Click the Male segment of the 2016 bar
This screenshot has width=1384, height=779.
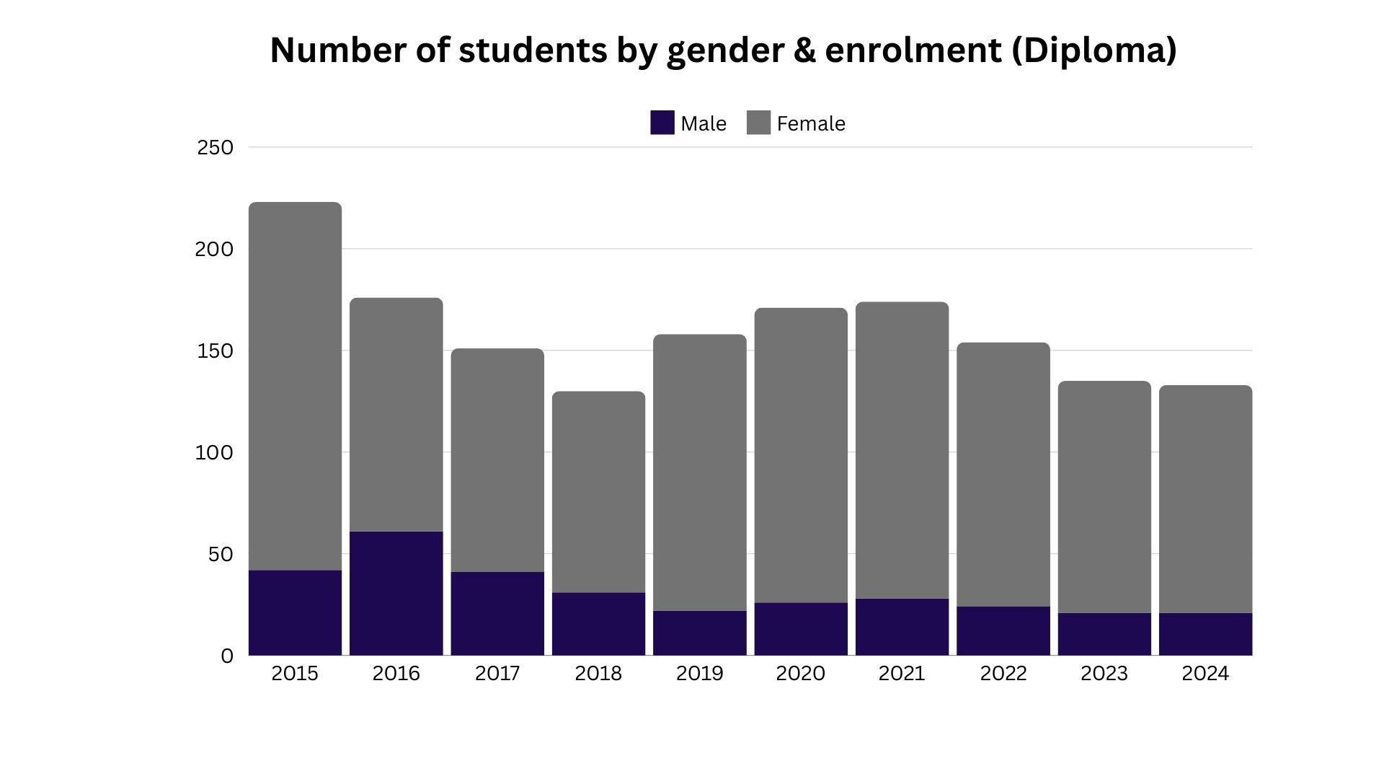pos(396,593)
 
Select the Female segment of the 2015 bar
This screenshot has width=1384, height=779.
pos(295,386)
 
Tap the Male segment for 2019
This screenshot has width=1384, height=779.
pos(700,633)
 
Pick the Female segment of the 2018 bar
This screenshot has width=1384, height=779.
pos(598,492)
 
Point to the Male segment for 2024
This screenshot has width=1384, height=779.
pos(1205,634)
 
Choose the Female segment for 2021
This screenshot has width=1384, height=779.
pos(902,450)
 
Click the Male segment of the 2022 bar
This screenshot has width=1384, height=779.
pos(1003,630)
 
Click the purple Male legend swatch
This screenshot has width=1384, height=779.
pos(662,123)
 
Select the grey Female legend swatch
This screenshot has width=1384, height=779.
pos(758,123)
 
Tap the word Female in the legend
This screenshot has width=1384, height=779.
pos(811,124)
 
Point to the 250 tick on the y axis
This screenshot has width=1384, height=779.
pos(216,147)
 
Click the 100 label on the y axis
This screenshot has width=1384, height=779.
pos(214,452)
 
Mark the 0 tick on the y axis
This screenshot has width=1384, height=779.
pos(227,656)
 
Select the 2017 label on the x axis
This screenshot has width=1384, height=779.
pos(497,674)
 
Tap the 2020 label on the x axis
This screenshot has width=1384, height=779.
pos(800,674)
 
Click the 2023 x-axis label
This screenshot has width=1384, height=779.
pos(1104,674)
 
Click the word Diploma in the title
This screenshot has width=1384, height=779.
pos(1094,50)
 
